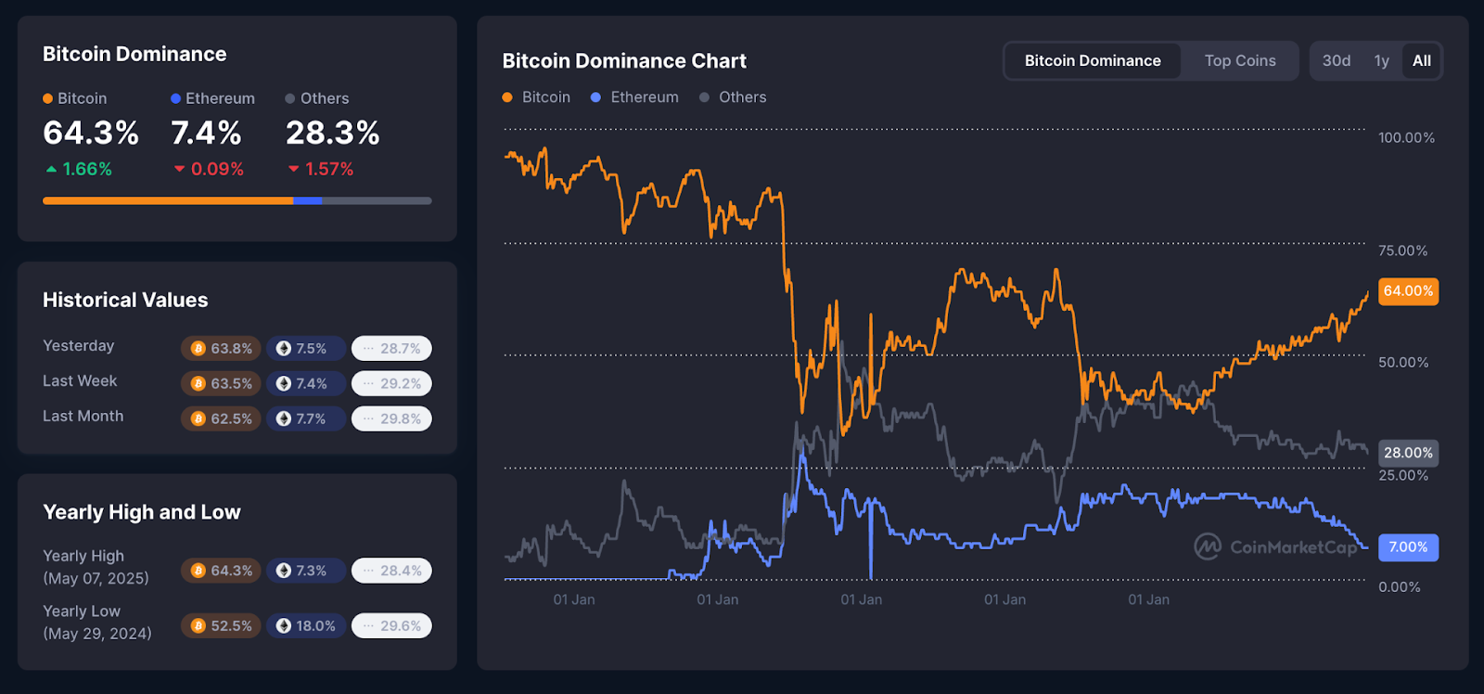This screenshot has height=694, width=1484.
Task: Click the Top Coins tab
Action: (1239, 61)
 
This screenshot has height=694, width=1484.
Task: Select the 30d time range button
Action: (1336, 61)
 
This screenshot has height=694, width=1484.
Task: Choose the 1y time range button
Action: (1381, 61)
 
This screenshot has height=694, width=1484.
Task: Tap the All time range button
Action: (1421, 61)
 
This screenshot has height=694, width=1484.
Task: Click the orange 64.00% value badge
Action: (1408, 291)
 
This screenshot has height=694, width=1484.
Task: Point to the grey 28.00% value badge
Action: (1408, 453)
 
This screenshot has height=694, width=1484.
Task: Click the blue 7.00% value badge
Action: (1408, 547)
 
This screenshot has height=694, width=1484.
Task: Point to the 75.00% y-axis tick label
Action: (1402, 251)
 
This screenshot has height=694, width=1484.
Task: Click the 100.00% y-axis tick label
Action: (1406, 138)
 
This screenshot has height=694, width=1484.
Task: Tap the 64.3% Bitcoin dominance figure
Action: (91, 134)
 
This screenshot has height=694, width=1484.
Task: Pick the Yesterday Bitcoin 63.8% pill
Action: (222, 349)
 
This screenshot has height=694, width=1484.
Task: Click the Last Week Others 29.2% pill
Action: (391, 384)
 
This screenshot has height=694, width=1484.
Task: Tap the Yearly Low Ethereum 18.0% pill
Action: (306, 626)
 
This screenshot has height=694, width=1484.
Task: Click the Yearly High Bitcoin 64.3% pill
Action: (222, 571)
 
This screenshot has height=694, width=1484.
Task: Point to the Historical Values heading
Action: (125, 301)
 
